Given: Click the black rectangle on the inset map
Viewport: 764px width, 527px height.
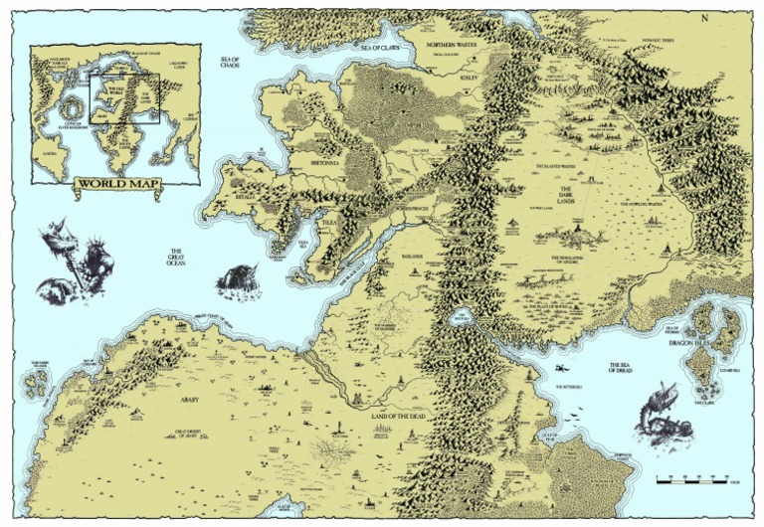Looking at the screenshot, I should tap(124, 97).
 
